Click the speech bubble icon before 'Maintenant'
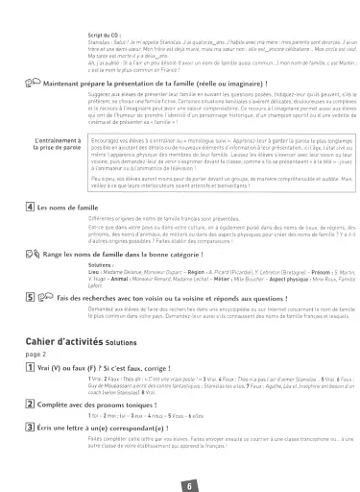[36, 84]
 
